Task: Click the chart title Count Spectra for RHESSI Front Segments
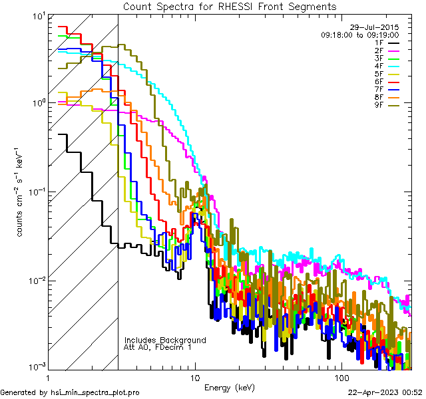click(x=230, y=6)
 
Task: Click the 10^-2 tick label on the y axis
click(x=32, y=280)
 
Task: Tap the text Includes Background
click(x=165, y=340)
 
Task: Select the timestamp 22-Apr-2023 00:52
click(x=384, y=392)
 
